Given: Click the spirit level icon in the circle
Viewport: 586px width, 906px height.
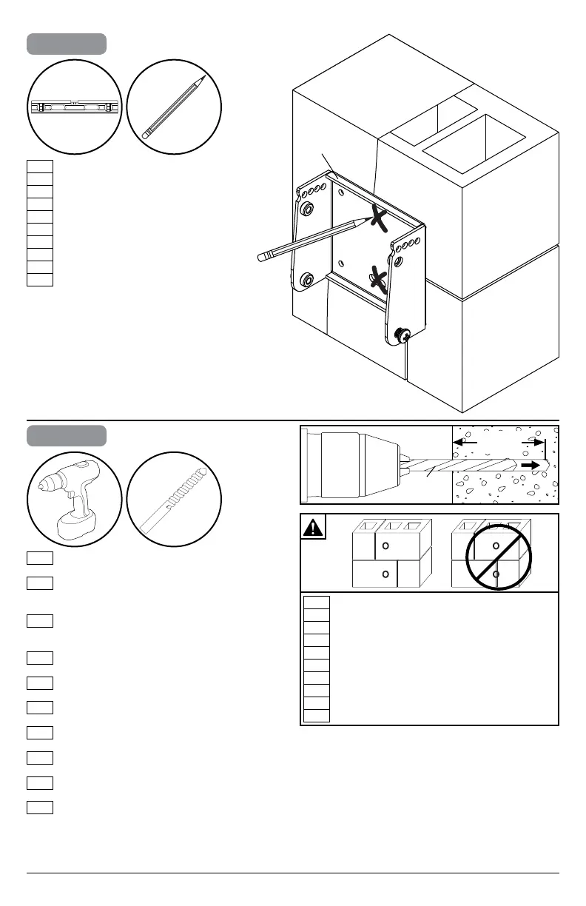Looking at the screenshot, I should tap(74, 108).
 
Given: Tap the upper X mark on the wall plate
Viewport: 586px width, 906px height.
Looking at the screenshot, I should tap(379, 218).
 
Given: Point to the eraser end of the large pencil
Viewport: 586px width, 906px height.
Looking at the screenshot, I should tap(264, 256).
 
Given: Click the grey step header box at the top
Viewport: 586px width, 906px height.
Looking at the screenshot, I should tap(67, 44).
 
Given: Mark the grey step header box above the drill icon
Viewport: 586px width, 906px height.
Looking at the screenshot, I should tap(67, 435).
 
